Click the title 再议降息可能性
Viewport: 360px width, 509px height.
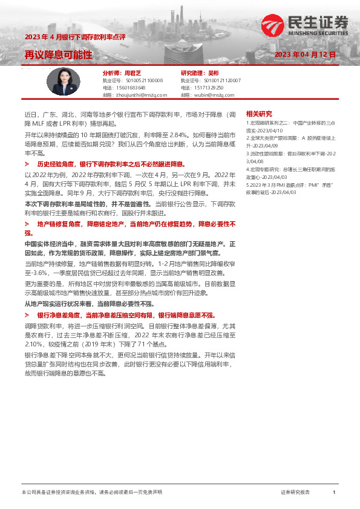[x=58, y=55]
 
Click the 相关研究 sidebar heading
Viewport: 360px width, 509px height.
[x=259, y=114]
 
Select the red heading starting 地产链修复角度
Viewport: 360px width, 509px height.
[x=136, y=224]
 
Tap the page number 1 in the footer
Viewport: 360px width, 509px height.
[x=334, y=493]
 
